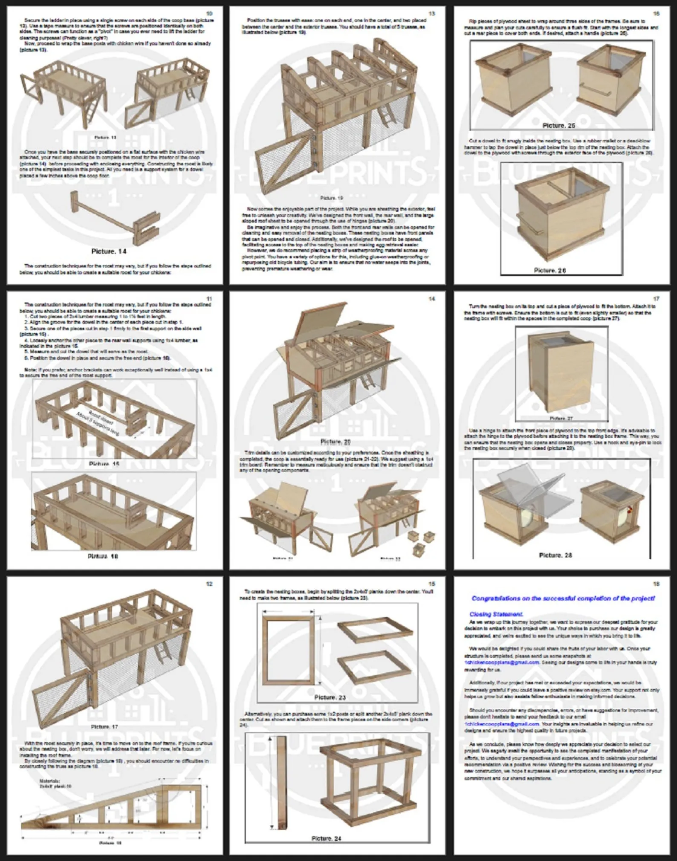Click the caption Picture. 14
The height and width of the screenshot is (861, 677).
pos(109,251)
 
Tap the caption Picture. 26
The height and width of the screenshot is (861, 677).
pos(550,270)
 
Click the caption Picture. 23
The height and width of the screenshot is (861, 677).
pos(330,697)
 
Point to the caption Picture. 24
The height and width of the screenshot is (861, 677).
pos(326,838)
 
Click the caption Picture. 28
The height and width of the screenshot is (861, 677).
pos(555,555)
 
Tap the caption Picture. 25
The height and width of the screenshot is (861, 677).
pos(558,125)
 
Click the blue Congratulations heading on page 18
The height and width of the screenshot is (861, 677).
pos(563,598)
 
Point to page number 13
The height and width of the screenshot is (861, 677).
pos(432,14)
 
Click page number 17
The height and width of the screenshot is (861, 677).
pos(656,299)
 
